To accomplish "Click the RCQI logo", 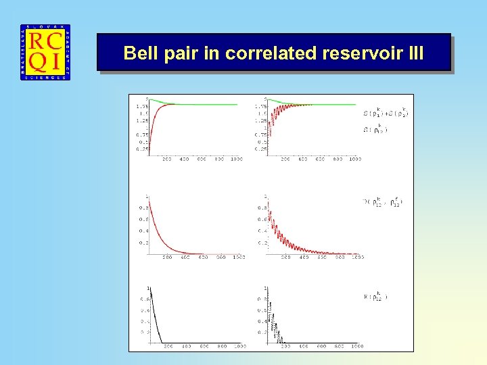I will (45, 53).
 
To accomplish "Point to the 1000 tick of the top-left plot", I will (236, 160).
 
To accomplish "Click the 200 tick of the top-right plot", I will (285, 160).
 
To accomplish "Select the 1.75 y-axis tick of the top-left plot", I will (142, 105).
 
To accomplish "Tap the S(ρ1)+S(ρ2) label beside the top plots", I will (386, 112).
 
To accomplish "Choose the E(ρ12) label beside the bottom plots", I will (376, 296).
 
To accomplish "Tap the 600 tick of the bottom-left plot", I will (204, 347).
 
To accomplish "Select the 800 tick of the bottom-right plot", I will (339, 347).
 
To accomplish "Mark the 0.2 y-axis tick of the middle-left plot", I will (143, 243).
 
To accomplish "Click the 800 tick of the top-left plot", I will (219, 160).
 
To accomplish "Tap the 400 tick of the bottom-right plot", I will (304, 347).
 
